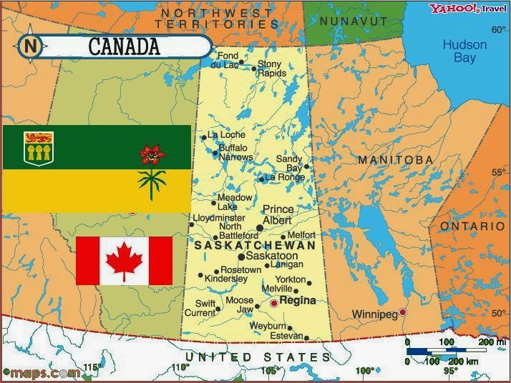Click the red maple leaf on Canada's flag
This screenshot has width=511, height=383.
pyautogui.click(x=124, y=260)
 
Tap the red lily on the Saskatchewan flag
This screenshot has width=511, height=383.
pyautogui.click(x=151, y=154)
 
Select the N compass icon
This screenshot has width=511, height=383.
pyautogui.click(x=31, y=46)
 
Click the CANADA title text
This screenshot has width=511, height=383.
pyautogui.click(x=124, y=47)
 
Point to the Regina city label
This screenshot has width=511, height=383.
pyautogui.click(x=298, y=301)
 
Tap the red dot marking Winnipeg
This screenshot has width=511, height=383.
pyautogui.click(x=403, y=312)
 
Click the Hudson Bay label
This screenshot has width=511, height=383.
pyautogui.click(x=464, y=51)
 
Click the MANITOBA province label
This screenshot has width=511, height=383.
pyautogui.click(x=395, y=159)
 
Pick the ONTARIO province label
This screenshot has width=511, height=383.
pyautogui.click(x=472, y=226)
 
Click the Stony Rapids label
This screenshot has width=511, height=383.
pyautogui.click(x=272, y=69)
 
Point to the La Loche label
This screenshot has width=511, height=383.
pyautogui.click(x=226, y=134)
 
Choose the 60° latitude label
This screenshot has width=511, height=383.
pyautogui.click(x=498, y=29)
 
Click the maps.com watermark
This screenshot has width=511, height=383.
pyautogui.click(x=41, y=372)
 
